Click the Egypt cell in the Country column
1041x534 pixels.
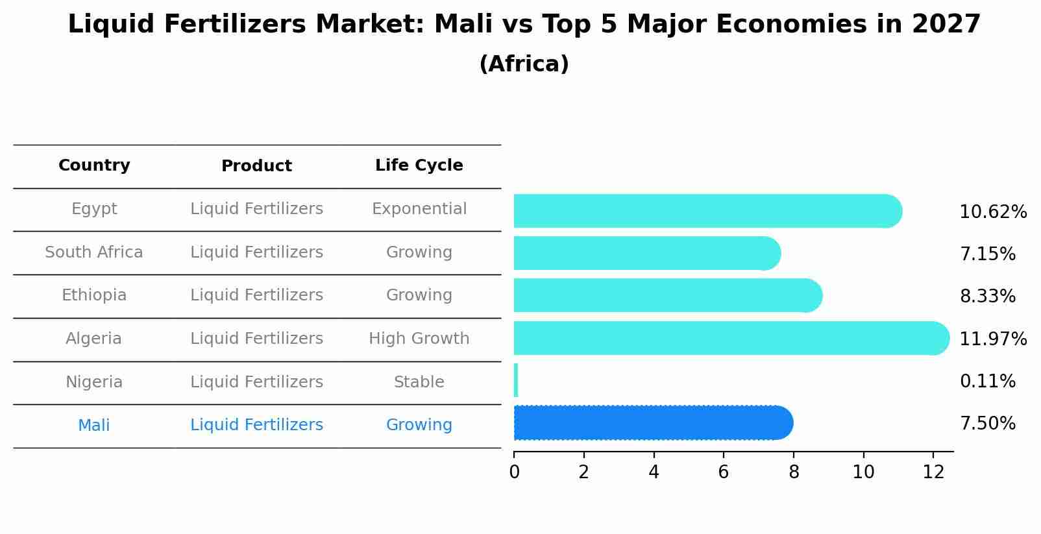coord(94,209)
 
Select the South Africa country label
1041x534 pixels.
coord(94,252)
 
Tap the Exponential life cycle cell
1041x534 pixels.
coord(419,209)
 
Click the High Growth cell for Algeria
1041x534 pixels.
coord(419,339)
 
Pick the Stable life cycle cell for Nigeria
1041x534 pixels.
coord(419,382)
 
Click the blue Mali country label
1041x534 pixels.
coord(94,426)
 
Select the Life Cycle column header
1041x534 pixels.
coord(419,165)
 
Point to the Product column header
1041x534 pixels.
coord(256,166)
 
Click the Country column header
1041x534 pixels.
coord(94,165)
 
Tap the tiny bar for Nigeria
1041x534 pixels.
coord(516,380)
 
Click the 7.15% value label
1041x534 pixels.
coord(987,254)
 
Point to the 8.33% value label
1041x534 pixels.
coord(987,297)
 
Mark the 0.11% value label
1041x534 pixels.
coord(987,382)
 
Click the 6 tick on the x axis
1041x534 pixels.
coord(724,472)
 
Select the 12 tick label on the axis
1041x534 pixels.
coord(933,472)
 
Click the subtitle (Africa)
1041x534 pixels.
coord(524,64)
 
